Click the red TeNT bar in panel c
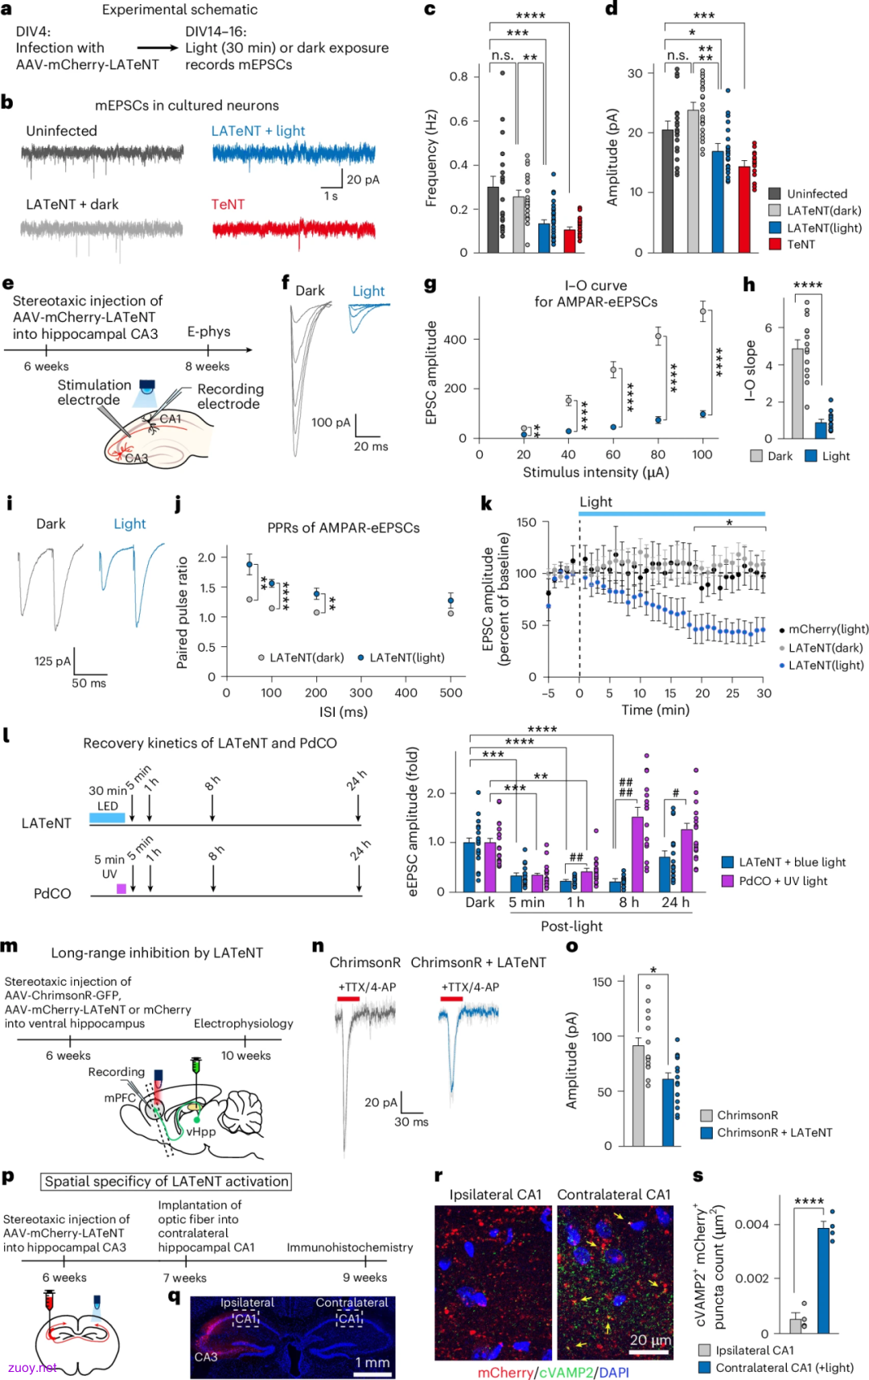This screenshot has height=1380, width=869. point(570,241)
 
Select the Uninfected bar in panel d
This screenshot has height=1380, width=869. point(667,191)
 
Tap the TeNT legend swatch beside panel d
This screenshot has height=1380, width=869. point(775,244)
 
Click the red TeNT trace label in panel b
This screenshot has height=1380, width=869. point(228,204)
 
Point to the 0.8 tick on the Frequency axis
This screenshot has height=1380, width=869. point(459,76)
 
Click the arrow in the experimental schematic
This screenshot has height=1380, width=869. point(157,48)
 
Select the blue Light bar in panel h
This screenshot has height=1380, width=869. point(821,430)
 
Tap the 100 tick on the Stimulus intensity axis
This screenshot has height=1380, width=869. point(702,455)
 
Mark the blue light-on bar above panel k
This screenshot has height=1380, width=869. point(672,513)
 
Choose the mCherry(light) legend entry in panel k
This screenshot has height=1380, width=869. point(824,629)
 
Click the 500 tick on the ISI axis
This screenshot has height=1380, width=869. point(451,693)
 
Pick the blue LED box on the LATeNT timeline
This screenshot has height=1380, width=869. point(107,818)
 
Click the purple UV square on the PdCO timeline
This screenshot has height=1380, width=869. point(121,888)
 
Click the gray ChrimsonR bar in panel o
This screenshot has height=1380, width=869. point(638,1095)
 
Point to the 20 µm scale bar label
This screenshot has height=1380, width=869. point(651,1340)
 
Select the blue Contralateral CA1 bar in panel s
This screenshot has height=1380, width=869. point(824,1280)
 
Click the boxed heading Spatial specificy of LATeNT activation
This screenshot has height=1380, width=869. point(167,1181)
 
